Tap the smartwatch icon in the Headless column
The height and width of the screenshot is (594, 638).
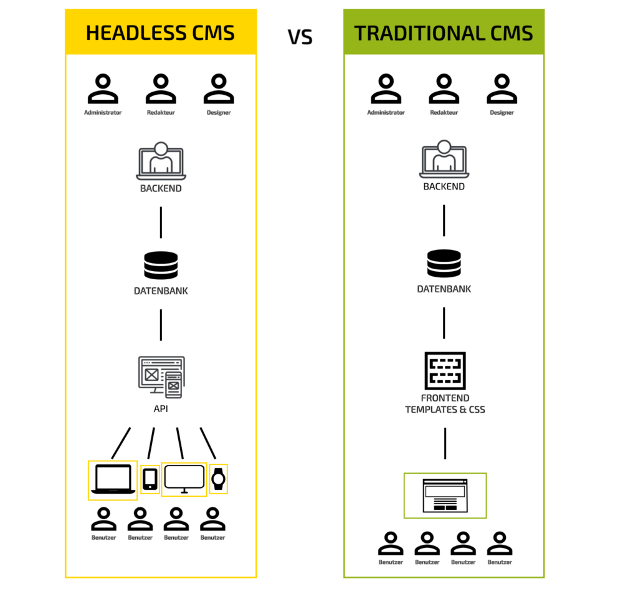pos(218,479)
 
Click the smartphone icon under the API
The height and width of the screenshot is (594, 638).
pos(150,479)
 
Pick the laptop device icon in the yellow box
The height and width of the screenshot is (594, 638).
pos(113,479)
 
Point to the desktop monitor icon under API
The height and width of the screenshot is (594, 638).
pos(184,479)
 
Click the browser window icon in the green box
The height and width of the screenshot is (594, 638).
pos(445,496)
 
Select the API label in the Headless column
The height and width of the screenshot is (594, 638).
pos(161,410)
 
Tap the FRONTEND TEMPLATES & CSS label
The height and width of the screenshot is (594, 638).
pos(445,404)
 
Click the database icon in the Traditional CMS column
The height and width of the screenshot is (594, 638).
pos(444,264)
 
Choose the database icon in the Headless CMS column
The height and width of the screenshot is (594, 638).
pos(161,265)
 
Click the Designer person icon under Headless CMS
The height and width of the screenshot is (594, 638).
pos(219,89)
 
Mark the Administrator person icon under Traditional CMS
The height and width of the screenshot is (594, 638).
pos(386,89)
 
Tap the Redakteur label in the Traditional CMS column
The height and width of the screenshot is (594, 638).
pos(444,113)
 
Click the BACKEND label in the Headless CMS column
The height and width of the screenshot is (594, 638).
pos(161,188)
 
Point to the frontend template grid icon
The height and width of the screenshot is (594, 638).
pos(445,371)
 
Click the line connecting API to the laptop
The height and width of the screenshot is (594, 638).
pos(121,443)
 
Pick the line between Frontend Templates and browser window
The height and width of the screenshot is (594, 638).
pos(445,443)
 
